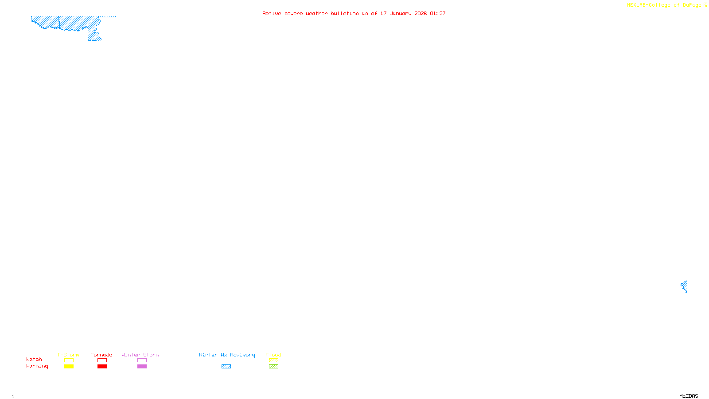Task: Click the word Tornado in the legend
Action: point(101,355)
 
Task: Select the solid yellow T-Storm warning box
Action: point(69,367)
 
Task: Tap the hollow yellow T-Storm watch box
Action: point(69,360)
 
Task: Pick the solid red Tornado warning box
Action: point(102,367)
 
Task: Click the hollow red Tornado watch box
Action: point(102,360)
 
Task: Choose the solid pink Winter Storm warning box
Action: point(142,367)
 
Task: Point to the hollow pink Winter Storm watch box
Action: point(142,360)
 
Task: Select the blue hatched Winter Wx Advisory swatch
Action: point(226,367)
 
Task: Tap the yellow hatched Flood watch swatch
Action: point(273,360)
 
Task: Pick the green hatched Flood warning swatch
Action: point(273,367)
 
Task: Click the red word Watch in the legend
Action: point(34,360)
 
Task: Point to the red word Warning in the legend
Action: point(37,366)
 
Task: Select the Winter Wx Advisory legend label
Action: point(227,355)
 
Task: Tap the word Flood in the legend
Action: point(273,355)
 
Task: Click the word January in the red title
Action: point(400,13)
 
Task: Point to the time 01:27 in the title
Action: point(438,13)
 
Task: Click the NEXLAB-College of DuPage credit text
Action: point(664,5)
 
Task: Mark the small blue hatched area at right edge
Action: point(684,286)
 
